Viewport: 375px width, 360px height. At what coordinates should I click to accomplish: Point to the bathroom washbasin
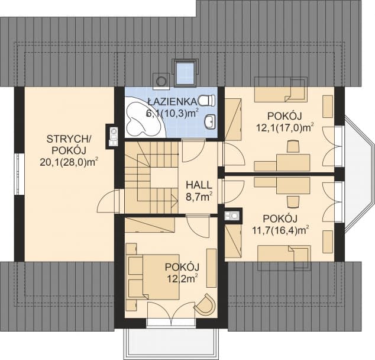210,123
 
